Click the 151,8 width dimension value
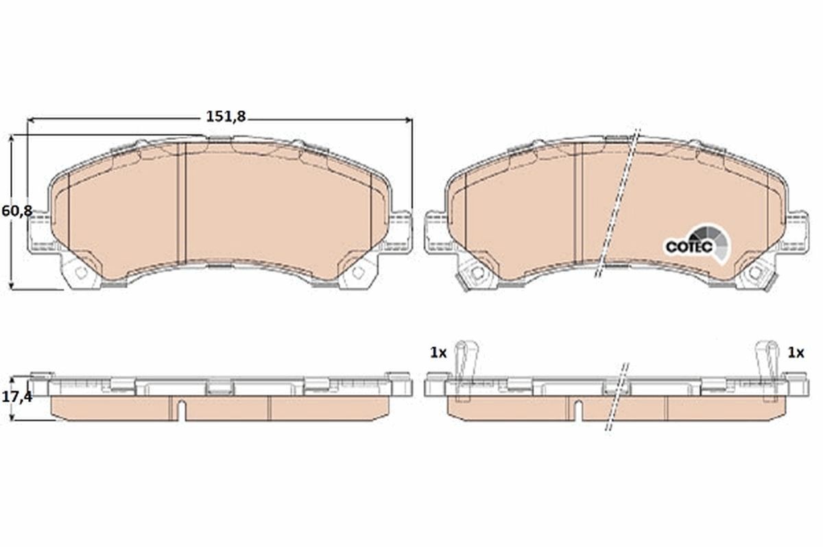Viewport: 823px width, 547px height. coord(226,117)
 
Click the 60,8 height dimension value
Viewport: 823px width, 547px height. coord(16,211)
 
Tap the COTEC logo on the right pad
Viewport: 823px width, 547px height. coord(688,246)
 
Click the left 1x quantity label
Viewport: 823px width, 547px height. coord(438,353)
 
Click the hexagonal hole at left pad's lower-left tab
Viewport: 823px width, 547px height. coord(81,273)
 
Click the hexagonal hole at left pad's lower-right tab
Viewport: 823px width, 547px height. coord(357,273)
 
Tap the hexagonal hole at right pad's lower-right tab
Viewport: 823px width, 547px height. coord(755,273)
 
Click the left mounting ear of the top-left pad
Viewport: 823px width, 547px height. coord(38,227)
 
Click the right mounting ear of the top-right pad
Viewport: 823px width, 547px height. coord(797,227)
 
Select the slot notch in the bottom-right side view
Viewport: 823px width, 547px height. coord(577,409)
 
